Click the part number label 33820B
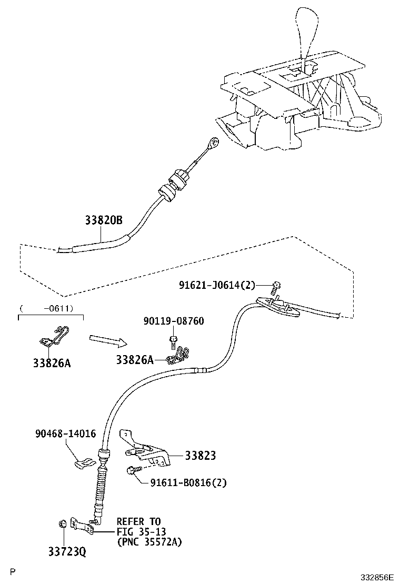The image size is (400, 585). pos(104,221)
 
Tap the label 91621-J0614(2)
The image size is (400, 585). pos(216,285)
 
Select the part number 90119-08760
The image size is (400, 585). pos(174,321)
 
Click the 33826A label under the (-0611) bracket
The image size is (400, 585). pos(52,363)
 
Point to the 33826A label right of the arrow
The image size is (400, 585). pos(135,359)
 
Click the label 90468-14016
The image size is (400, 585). pos(66,433)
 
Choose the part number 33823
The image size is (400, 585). pos(200,456)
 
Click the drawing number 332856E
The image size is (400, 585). pos(377,577)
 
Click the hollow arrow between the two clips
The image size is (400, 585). pos(107,341)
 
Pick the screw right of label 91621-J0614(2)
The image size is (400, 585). pos(276,287)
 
